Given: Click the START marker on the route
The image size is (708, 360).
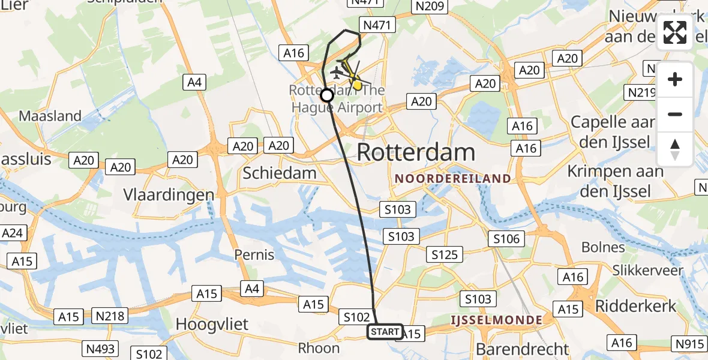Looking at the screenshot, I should coord(385,332).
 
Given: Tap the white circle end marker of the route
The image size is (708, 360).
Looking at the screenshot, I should coord(327,95).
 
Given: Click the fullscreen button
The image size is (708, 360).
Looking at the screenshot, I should coord(675,32).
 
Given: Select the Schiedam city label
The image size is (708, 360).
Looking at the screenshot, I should coord(279,173).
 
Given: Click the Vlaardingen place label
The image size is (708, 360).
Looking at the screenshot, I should coord(169,195).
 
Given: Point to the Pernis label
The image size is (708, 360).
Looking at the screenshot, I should coord(254,254).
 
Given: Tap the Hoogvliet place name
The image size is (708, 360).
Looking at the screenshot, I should coord(212,325).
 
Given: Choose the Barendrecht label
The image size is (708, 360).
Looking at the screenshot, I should coord(522,349).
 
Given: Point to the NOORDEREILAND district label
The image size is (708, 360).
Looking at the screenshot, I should coord(453,178).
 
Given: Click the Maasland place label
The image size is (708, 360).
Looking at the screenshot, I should coord(50,116).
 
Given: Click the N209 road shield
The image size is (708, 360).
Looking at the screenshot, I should coord(428,7).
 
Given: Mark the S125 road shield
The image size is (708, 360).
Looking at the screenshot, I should coord(445,255).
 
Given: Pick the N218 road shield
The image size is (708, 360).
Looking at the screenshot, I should coord(110,315).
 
